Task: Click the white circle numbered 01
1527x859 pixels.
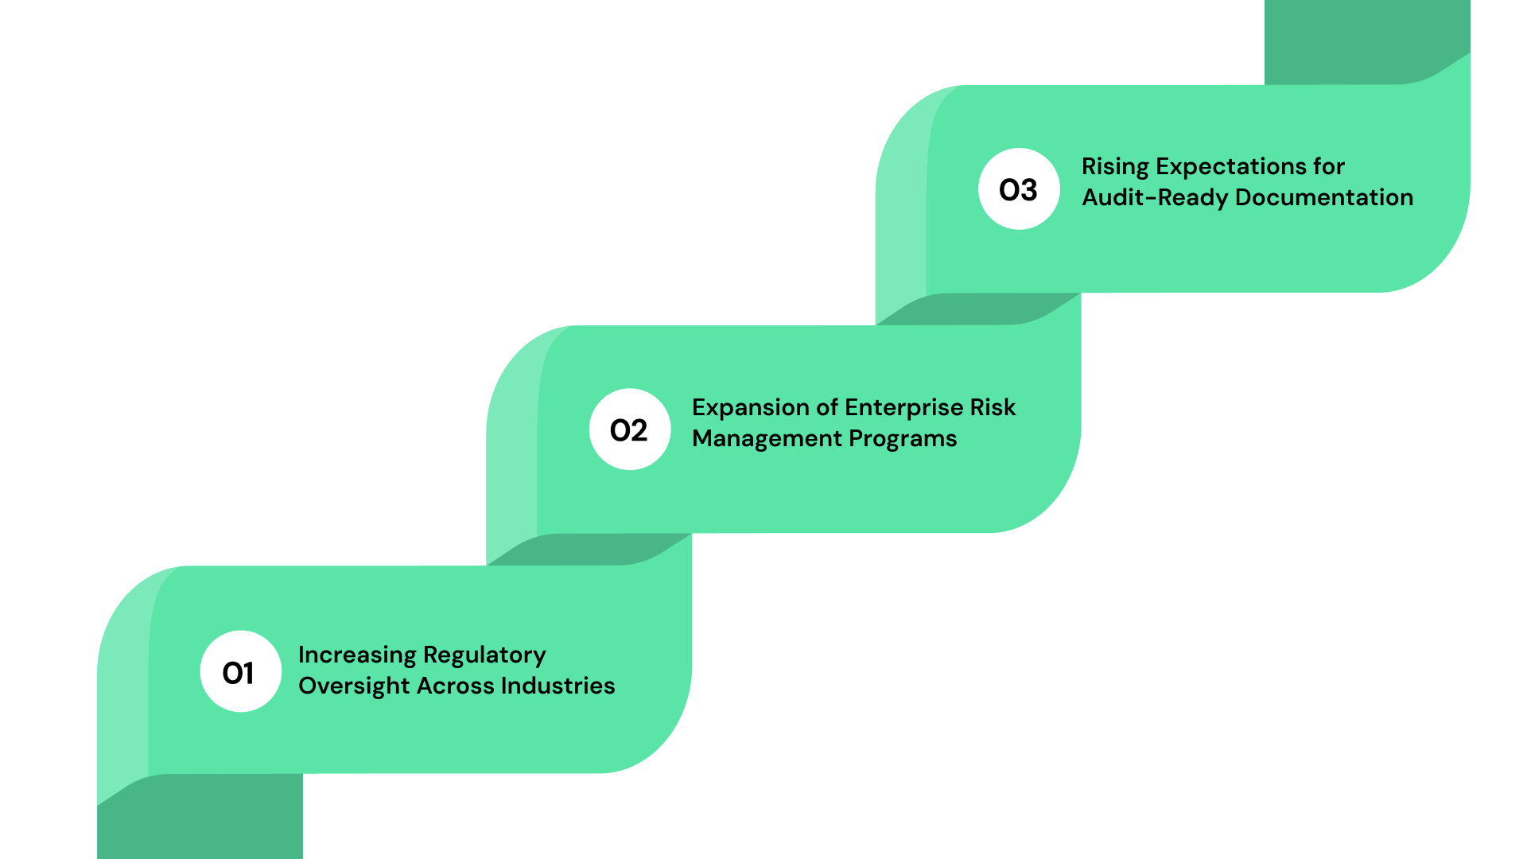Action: click(x=240, y=671)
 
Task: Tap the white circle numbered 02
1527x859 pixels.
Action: click(x=630, y=429)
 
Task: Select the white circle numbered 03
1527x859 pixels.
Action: click(x=1019, y=189)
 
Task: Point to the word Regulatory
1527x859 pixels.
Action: click(x=484, y=655)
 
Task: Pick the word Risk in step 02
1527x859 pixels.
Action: click(x=993, y=407)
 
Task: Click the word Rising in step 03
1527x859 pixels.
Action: click(x=1115, y=167)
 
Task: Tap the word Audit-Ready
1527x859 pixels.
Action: click(x=1155, y=197)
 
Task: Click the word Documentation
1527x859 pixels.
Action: click(x=1324, y=197)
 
